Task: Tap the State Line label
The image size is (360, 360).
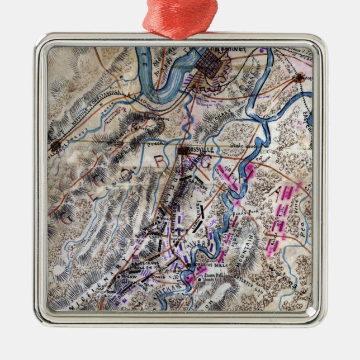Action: click(x=241, y=146)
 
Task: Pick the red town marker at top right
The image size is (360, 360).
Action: click(x=300, y=78)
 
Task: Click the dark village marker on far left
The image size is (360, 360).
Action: click(x=55, y=146)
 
